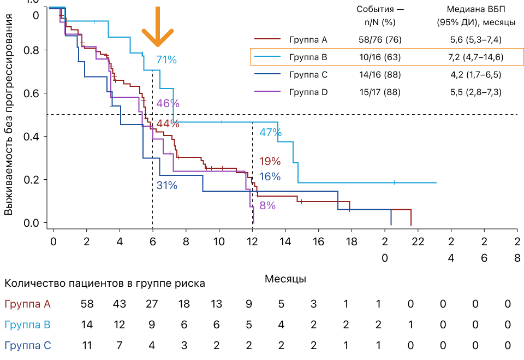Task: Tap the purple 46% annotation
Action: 168,103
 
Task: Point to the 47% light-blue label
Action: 270,132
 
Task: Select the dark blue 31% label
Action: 167,185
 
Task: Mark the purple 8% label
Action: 267,206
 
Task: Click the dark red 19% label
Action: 270,161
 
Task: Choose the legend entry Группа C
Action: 308,74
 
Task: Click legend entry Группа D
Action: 308,92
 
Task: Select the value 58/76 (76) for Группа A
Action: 376,39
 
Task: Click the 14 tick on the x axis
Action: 285,241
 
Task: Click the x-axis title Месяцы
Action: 285,279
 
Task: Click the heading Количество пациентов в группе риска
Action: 105,284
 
